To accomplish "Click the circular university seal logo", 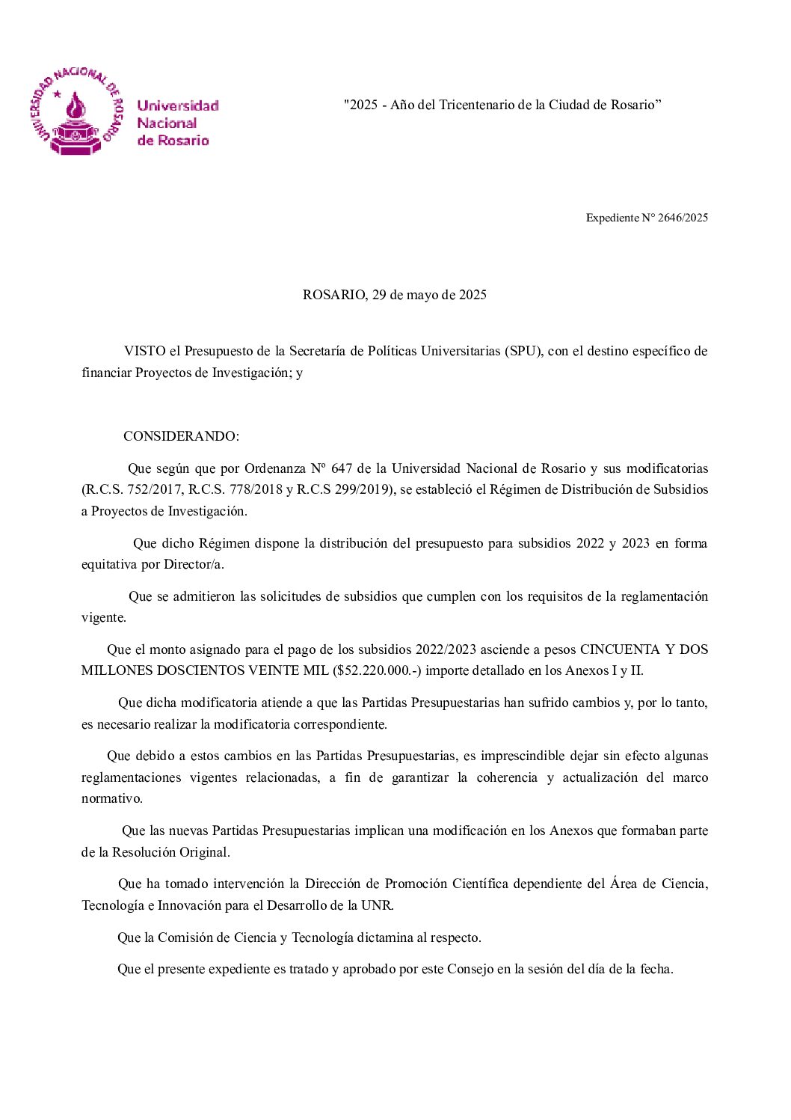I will [75, 112].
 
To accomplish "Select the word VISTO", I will [145, 351].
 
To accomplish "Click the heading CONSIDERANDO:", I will [181, 436].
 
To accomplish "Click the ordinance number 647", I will [342, 468].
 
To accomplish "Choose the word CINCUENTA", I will [620, 649].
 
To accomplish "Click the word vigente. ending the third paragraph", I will [104, 617].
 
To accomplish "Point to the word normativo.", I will [112, 798].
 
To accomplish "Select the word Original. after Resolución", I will [204, 852].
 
